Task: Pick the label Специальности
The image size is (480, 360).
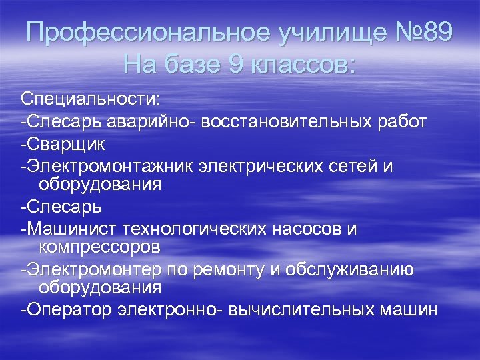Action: (90, 99)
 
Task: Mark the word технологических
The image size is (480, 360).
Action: (196, 229)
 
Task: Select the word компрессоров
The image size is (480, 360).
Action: (99, 247)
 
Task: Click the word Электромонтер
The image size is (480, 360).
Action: (99, 270)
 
